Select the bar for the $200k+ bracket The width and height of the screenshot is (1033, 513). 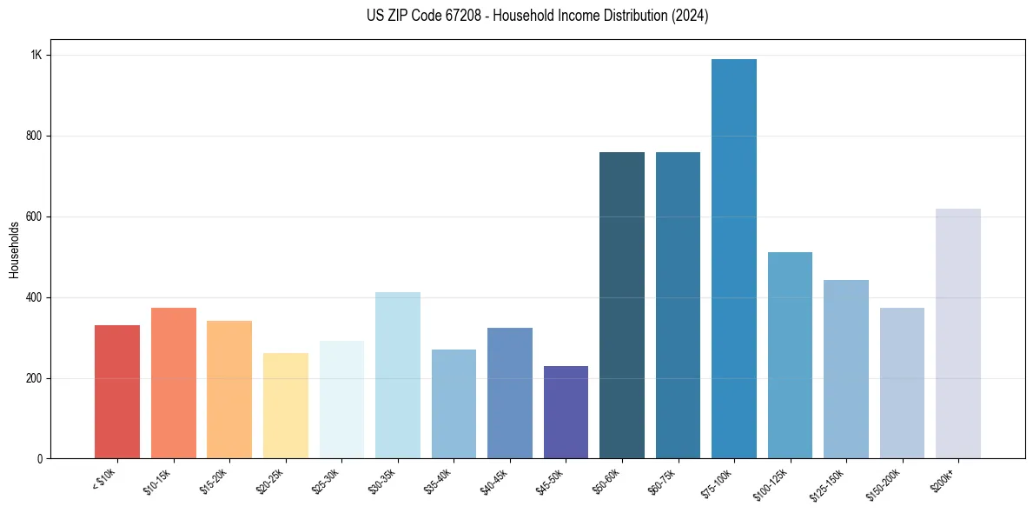click(958, 334)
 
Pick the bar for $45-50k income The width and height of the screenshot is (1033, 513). click(566, 412)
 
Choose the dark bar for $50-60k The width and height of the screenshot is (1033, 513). click(622, 305)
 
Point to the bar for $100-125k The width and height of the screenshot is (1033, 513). click(790, 356)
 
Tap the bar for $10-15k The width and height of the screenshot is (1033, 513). click(174, 383)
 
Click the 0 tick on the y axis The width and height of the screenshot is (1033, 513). click(40, 459)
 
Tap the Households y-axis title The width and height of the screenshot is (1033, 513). click(14, 250)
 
